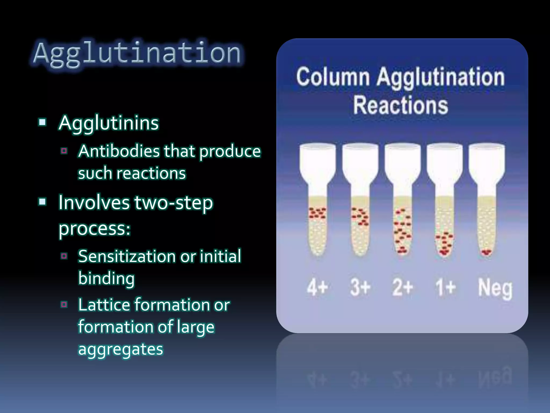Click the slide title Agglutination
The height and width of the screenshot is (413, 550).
point(137,53)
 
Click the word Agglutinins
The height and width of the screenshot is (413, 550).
point(109,123)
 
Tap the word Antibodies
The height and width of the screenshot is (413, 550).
point(119,151)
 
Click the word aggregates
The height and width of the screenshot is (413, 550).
point(121,349)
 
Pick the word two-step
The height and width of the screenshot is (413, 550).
point(173,202)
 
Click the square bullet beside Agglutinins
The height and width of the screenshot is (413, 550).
point(42,123)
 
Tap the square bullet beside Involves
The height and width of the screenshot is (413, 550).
point(42,202)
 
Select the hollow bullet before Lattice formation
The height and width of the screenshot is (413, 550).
point(64,305)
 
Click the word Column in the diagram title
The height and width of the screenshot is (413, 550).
point(333,77)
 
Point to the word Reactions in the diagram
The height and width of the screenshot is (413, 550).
point(400,105)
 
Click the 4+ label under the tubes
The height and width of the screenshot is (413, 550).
point(317,287)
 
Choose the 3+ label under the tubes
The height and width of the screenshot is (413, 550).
point(360,287)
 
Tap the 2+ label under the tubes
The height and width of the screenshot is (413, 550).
point(402,287)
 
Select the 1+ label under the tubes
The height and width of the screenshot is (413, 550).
point(445,287)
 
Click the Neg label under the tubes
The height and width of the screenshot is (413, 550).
point(495,288)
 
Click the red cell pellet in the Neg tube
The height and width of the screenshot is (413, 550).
point(486,252)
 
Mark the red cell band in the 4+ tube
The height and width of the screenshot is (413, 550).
point(317,213)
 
